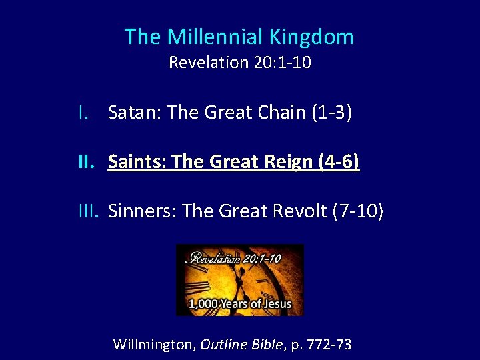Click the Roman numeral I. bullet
coord(83,113)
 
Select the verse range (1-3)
coord(331,113)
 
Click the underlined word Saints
coord(137,162)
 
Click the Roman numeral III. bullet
coord(89,211)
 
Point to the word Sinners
coord(141,211)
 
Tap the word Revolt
coord(297,211)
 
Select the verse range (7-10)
coord(357,211)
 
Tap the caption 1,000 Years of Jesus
coord(239,305)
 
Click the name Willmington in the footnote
coord(154,345)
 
